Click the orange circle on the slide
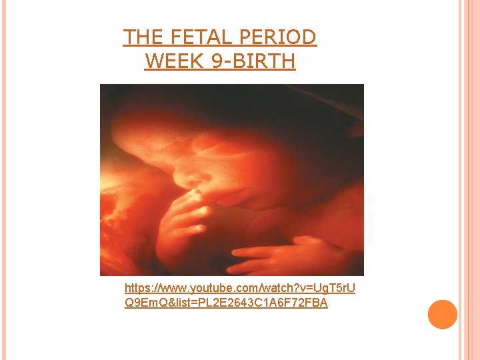click(443, 315)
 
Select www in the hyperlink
click(173, 289)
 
